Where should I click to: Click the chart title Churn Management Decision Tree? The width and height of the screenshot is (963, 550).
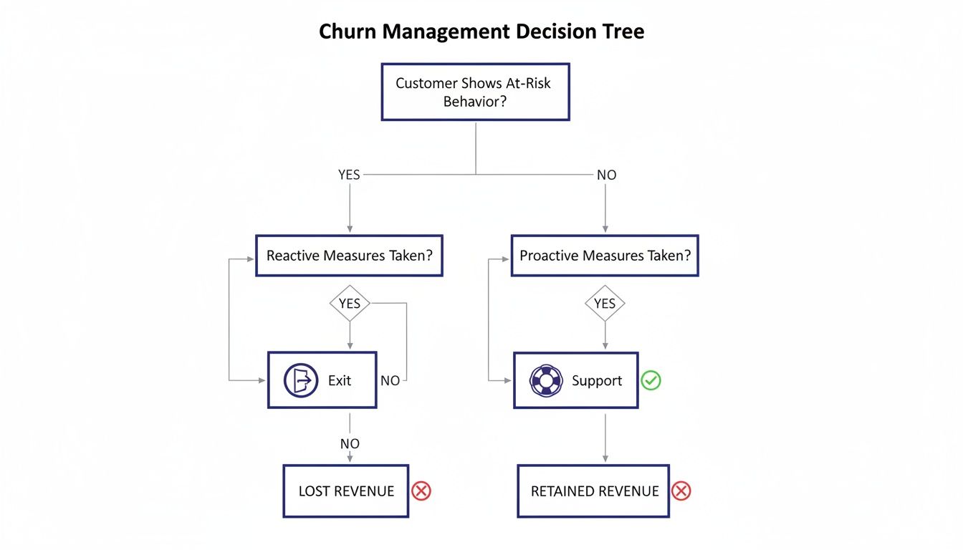tap(481, 32)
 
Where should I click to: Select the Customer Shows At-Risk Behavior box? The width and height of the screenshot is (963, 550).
tap(474, 92)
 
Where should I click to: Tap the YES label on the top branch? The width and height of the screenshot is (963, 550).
tap(349, 174)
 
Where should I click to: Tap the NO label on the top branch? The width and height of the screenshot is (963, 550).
tap(606, 174)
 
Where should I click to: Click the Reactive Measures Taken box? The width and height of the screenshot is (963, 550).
tap(349, 256)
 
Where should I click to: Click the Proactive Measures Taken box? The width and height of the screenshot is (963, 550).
tap(604, 256)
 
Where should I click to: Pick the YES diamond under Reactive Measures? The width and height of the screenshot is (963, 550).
tap(350, 304)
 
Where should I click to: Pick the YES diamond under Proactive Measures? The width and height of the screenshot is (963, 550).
tap(605, 304)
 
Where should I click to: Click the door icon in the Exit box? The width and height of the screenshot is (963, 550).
tap(301, 380)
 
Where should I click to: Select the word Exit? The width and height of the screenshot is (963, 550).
tap(340, 380)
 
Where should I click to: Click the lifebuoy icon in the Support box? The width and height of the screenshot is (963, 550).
tap(546, 380)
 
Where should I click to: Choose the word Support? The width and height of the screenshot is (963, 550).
tap(596, 380)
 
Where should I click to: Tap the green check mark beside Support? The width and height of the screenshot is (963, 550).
tap(651, 380)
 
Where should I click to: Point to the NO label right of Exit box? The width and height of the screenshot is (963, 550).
tap(391, 381)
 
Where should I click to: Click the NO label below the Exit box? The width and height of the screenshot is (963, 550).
tap(350, 444)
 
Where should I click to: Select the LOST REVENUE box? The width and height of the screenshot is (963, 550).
tap(345, 491)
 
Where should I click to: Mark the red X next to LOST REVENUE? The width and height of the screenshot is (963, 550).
tap(421, 491)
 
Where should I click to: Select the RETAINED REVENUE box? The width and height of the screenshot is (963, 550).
tap(593, 491)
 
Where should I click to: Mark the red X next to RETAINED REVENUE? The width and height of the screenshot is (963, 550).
tap(681, 491)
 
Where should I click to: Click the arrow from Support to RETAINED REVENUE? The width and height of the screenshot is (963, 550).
tap(605, 437)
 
